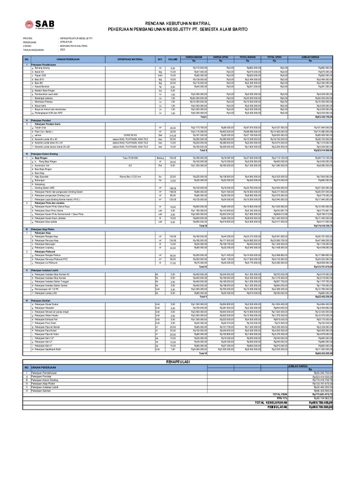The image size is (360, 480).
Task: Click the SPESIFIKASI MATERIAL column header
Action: click(130, 60)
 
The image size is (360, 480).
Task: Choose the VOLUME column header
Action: click(172, 60)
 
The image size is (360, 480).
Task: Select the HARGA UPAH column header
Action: click(220, 57)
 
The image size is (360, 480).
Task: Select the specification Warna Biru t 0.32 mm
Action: click(130, 176)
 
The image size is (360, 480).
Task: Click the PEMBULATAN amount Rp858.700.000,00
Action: click(320, 406)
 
